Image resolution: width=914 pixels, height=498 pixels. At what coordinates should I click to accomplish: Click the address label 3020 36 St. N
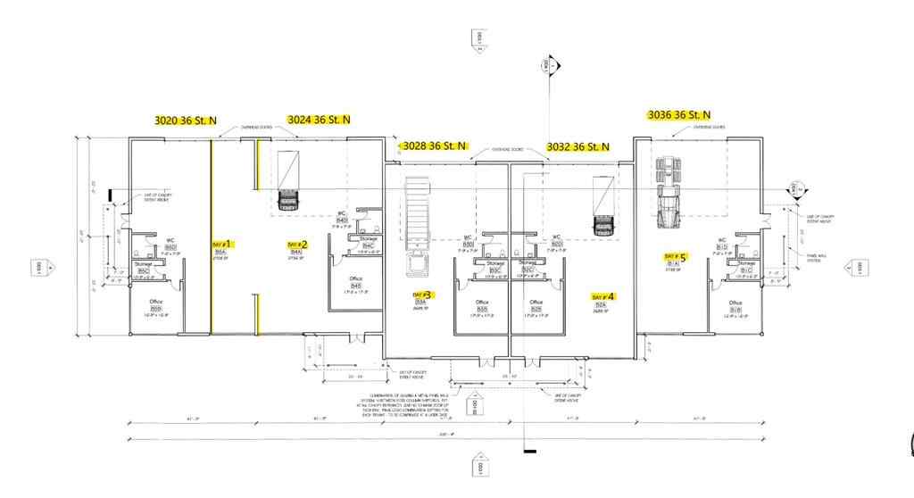[186, 120]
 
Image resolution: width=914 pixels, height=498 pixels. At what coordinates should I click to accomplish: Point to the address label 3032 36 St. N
[577, 146]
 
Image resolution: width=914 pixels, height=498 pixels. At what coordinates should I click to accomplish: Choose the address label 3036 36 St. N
[678, 115]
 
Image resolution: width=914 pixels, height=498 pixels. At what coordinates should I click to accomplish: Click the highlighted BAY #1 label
[222, 244]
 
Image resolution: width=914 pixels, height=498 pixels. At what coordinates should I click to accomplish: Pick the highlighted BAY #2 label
[297, 245]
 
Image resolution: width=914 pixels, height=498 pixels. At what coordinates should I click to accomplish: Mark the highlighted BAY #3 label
[422, 295]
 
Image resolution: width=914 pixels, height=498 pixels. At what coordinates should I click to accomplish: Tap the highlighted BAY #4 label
[604, 296]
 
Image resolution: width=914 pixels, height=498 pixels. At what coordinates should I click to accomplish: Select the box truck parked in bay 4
[606, 203]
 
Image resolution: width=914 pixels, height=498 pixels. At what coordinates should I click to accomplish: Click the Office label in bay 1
[156, 302]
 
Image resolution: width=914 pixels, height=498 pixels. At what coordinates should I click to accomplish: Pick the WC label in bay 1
[170, 239]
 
